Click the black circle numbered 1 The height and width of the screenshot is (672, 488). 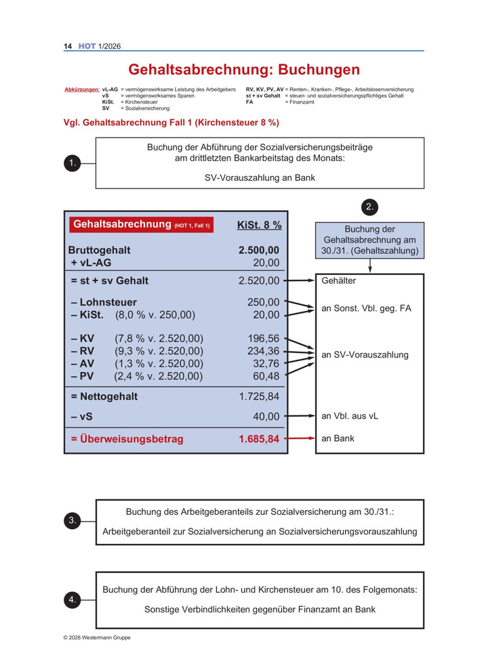[x=72, y=163]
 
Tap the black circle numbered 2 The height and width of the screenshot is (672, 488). [x=369, y=207]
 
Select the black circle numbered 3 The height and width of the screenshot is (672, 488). [x=72, y=520]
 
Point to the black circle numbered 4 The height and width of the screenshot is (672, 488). [x=72, y=600]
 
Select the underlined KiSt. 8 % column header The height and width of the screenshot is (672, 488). [x=259, y=225]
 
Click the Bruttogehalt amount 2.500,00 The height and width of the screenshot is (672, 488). [x=259, y=250]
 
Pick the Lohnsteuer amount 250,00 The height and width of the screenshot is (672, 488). [x=264, y=302]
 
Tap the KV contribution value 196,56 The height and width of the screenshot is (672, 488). [x=264, y=338]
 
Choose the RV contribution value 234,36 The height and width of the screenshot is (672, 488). [x=264, y=350]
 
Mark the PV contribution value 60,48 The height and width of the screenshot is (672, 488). [x=266, y=375]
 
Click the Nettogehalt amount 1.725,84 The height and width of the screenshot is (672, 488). [x=259, y=396]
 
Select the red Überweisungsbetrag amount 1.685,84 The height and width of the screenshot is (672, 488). [x=259, y=439]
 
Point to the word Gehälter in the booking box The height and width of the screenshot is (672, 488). [x=338, y=280]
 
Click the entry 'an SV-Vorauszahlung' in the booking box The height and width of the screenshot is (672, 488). [x=365, y=355]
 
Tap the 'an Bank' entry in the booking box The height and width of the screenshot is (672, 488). [x=338, y=438]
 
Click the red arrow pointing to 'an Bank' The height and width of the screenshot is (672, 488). [x=299, y=439]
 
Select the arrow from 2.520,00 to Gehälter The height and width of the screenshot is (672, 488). [x=299, y=280]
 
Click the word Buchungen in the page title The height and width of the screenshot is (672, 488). [x=319, y=70]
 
